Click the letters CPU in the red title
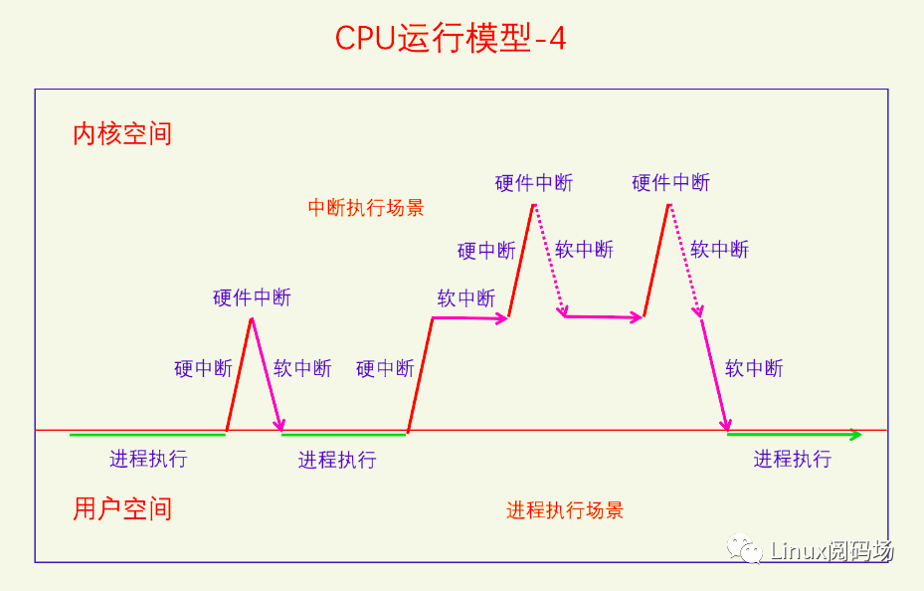coord(365,38)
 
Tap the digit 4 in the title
coord(557,39)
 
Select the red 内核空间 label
coord(122,133)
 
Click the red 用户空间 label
coord(122,508)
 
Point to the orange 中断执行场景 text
coord(366,207)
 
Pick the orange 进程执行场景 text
coord(565,509)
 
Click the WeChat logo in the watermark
coord(744,548)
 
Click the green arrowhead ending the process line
coord(855,435)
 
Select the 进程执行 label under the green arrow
coord(792,459)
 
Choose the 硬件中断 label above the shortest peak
coord(252,297)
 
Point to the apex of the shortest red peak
coord(252,318)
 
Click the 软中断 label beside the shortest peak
coord(302,368)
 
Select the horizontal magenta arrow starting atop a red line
coord(470,318)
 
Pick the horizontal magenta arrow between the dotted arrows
coord(604,317)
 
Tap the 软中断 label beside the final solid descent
coord(754,368)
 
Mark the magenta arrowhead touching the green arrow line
coord(727,425)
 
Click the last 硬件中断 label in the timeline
coord(670,183)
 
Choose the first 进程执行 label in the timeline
coord(148,459)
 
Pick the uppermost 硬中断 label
coord(486,251)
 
